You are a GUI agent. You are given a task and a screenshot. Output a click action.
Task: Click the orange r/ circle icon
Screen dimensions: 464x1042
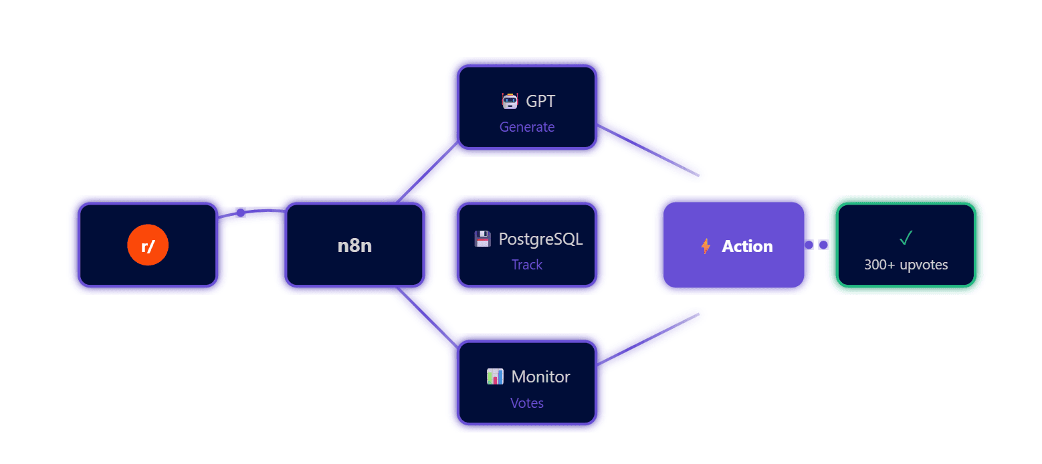[148, 245]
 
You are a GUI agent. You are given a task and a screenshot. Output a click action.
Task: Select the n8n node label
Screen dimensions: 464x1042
[354, 245]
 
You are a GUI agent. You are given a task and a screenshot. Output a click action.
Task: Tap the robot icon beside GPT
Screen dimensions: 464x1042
[510, 101]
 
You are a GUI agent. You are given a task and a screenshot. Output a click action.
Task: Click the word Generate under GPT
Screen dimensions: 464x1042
[527, 127]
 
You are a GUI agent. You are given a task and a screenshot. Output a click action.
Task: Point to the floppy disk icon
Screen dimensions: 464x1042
[482, 239]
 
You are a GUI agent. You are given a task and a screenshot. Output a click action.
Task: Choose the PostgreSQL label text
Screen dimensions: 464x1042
[540, 239]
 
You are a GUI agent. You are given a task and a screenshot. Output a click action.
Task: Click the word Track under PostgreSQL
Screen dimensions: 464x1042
[527, 265]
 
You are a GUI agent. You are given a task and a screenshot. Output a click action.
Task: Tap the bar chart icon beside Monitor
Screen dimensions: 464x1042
[495, 376]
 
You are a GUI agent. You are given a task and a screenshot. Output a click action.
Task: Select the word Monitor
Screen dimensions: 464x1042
[540, 376]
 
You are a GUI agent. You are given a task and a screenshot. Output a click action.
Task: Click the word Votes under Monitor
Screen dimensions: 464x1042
[527, 403]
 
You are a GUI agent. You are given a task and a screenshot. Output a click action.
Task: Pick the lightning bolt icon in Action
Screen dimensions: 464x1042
[706, 246]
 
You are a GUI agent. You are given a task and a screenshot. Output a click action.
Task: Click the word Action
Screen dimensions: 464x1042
[747, 246]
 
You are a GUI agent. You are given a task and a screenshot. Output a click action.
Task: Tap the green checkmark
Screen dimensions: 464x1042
[906, 237]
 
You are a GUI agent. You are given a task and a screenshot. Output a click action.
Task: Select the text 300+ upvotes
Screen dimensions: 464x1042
[906, 265]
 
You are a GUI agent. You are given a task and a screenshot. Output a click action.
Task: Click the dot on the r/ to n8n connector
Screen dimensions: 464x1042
[241, 213]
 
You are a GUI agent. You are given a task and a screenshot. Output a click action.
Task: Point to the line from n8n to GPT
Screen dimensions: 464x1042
[428, 172]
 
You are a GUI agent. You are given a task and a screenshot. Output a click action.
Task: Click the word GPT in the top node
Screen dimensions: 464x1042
[540, 101]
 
